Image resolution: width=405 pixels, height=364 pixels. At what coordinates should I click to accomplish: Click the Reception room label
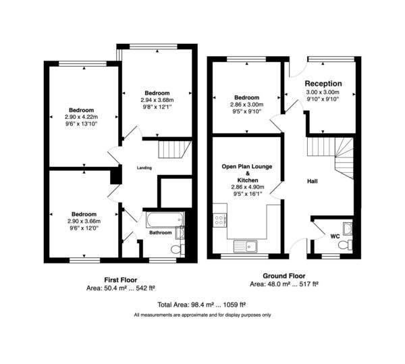coord(323,84)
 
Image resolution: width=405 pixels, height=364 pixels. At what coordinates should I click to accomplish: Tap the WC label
coord(335,236)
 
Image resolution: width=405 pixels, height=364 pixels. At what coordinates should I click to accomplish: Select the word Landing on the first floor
coord(144,168)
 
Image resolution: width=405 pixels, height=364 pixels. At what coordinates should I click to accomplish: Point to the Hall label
coord(313,182)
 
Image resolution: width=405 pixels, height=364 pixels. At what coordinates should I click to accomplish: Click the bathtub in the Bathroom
coord(165,219)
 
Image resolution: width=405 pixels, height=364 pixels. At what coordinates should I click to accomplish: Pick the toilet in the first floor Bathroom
coord(178,250)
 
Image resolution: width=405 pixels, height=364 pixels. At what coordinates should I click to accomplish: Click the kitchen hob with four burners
coord(219,220)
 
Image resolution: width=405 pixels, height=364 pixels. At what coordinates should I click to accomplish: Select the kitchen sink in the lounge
coord(245,246)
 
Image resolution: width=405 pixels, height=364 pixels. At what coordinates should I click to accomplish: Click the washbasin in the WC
coord(348,229)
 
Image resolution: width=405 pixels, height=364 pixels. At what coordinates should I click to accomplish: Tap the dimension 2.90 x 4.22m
coord(82,117)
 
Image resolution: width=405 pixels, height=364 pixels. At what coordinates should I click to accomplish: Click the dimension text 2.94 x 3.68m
coord(157,100)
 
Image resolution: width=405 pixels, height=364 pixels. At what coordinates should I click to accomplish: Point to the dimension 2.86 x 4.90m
coord(248,187)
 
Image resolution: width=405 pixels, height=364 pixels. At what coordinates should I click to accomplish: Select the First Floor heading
coord(121,280)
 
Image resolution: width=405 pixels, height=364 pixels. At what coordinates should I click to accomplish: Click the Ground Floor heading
coord(284,276)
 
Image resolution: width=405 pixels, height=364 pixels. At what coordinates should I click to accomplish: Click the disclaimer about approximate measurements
coord(202,315)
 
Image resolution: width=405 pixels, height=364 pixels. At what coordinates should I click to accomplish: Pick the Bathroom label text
coord(161,233)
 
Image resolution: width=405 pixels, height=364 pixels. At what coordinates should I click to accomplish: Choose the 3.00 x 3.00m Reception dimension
coord(323,93)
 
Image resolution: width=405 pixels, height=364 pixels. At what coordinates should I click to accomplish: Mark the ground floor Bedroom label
coord(246,98)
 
